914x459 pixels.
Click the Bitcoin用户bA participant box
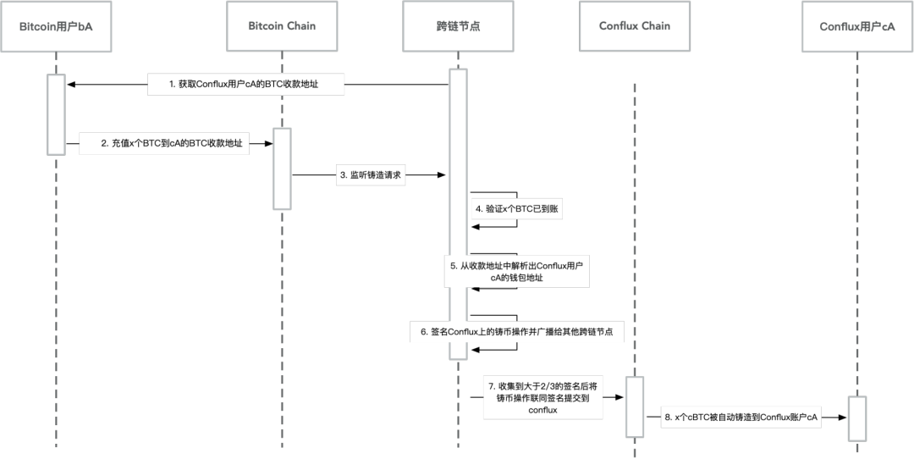(x=56, y=26)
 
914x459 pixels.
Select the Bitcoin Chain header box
(x=282, y=26)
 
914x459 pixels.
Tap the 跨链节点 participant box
(x=458, y=26)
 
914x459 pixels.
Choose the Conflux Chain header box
(x=635, y=26)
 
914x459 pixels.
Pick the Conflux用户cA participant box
(x=857, y=26)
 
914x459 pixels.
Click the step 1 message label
(x=245, y=85)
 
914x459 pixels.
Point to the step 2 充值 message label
(x=164, y=143)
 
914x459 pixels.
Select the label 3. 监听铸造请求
(x=371, y=175)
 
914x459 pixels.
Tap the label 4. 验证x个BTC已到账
(x=517, y=209)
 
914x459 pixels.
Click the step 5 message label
(x=517, y=271)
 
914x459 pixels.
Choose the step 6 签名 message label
(x=517, y=333)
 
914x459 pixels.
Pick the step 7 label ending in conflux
(x=543, y=398)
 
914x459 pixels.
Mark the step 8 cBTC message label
(x=741, y=418)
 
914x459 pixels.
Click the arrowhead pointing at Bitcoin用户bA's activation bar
(x=71, y=85)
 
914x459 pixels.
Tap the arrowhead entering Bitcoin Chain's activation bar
(x=269, y=143)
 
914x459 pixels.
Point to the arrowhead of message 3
(x=441, y=175)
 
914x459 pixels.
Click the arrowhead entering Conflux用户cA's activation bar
(x=842, y=418)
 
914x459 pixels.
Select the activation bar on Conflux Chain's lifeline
(x=635, y=406)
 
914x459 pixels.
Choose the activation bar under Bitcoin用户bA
(x=56, y=114)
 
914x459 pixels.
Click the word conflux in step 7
(x=543, y=410)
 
